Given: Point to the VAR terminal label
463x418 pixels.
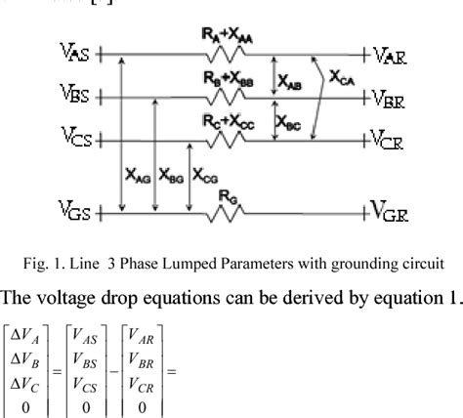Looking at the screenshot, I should tap(388, 57).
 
